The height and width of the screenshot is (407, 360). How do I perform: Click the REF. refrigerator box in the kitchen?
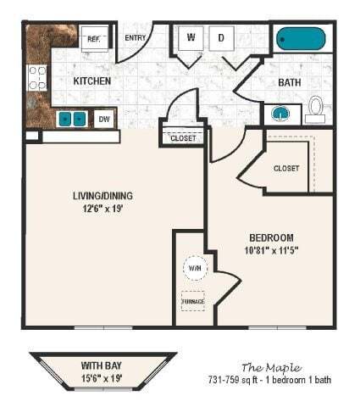click(92, 38)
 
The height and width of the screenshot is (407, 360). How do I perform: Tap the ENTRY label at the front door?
click(135, 37)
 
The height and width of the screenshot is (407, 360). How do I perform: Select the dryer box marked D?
click(222, 37)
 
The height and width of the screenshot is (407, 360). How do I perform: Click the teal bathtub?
click(300, 39)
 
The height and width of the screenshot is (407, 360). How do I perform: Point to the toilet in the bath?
click(314, 107)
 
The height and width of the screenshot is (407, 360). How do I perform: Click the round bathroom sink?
click(280, 113)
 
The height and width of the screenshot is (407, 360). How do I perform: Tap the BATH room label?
click(291, 83)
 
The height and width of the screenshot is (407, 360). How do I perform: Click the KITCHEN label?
click(92, 81)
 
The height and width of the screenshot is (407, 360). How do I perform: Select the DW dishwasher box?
click(103, 120)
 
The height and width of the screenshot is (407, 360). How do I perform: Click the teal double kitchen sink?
click(72, 119)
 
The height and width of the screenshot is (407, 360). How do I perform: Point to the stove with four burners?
click(38, 78)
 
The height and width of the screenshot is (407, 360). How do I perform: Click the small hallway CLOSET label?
click(183, 137)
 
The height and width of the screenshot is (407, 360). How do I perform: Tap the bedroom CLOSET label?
click(286, 168)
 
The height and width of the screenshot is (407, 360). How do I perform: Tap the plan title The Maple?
click(270, 366)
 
